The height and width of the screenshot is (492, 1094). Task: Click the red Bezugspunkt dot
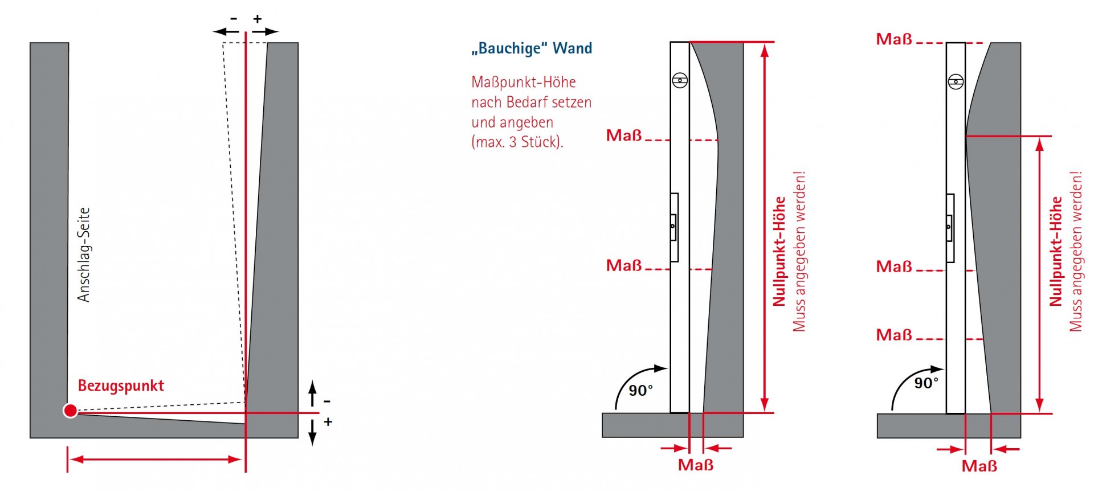(x=70, y=411)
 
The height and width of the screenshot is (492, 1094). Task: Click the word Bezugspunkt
(x=121, y=386)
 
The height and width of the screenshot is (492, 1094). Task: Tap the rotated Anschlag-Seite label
(x=84, y=255)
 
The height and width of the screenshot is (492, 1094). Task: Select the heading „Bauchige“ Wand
(x=532, y=48)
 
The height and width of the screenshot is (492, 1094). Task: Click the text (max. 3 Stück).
(x=517, y=142)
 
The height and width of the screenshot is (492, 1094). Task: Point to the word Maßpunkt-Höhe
(x=523, y=83)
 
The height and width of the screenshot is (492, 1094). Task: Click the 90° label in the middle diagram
(x=641, y=391)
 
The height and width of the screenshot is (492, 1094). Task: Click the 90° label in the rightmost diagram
(x=926, y=383)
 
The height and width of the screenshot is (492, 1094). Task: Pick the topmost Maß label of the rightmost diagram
(x=894, y=39)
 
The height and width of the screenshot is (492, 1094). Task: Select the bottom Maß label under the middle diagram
(x=695, y=465)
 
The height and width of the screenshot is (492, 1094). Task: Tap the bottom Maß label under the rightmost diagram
(x=979, y=466)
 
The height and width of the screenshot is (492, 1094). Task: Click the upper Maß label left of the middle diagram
(x=624, y=136)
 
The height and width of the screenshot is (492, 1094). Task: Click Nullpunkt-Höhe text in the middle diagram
(x=779, y=251)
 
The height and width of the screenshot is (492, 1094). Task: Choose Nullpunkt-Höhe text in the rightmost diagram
(x=1056, y=251)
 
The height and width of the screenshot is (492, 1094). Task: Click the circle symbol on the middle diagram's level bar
(x=680, y=80)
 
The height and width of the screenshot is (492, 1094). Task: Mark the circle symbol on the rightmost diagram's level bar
(x=956, y=82)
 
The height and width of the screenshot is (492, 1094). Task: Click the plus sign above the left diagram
(x=258, y=19)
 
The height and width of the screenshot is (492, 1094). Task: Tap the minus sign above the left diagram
(x=234, y=19)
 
